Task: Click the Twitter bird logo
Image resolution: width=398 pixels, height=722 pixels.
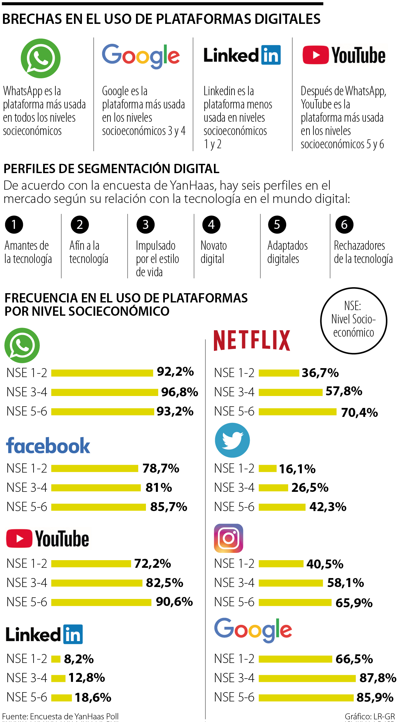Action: click(232, 440)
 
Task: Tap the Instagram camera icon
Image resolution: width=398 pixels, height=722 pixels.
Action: click(229, 538)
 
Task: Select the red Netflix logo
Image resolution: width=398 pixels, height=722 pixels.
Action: click(252, 340)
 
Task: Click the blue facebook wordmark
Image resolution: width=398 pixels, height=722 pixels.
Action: click(48, 446)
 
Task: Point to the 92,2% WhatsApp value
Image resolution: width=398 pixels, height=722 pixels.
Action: click(175, 372)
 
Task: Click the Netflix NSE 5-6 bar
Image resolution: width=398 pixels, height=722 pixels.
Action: click(298, 412)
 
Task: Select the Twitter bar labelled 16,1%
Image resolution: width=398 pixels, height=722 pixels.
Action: click(267, 468)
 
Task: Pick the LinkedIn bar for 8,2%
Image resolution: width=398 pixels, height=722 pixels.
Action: click(56, 659)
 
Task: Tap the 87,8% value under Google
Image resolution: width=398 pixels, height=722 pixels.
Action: click(377, 678)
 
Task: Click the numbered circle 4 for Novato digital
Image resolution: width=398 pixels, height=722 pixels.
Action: click(211, 225)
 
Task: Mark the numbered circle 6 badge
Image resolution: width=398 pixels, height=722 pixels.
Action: click(344, 225)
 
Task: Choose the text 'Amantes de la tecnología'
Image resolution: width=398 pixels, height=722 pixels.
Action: click(28, 252)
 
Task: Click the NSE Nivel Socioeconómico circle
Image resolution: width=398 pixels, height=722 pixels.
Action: click(354, 320)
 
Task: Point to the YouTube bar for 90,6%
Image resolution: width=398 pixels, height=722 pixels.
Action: click(101, 602)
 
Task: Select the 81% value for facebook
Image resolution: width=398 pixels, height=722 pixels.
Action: click(159, 488)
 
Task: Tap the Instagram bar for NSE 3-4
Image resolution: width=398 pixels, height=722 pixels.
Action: click(291, 583)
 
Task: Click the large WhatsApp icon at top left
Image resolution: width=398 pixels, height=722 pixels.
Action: click(40, 58)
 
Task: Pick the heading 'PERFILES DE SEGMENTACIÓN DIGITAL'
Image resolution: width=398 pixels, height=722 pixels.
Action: click(111, 169)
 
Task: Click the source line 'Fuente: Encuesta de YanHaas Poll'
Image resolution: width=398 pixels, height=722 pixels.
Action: click(60, 716)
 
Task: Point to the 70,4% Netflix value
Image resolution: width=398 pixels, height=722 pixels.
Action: click(359, 413)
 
